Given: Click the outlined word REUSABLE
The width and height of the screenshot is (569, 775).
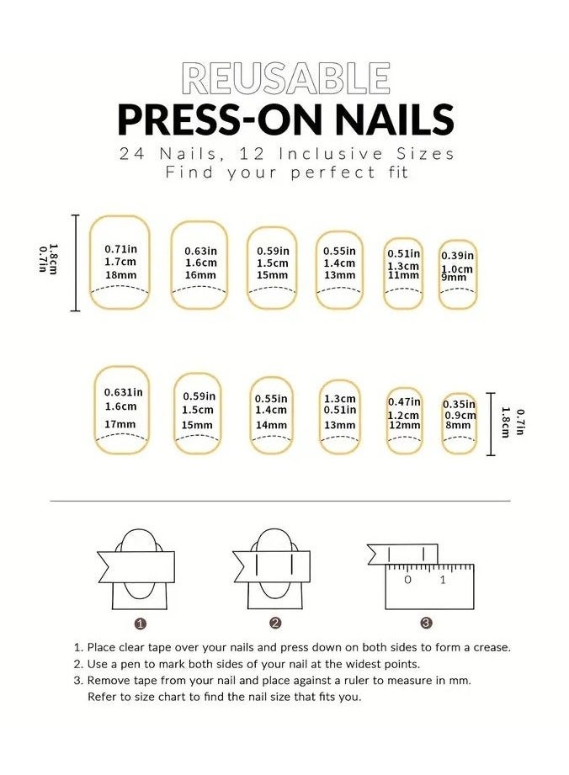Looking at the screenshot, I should click(285, 78).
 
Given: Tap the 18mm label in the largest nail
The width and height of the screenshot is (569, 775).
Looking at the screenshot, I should click(120, 276).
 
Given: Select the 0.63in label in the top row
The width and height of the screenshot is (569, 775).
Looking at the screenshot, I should click(200, 250).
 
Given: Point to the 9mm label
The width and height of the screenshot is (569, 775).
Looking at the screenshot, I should click(453, 278).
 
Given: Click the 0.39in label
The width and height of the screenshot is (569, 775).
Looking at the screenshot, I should click(459, 256).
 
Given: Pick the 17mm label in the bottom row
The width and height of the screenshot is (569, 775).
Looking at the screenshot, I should click(120, 424).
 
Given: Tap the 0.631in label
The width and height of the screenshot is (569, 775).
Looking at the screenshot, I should click(123, 392).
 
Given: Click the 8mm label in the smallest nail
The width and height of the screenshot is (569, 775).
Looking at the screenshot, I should click(458, 426).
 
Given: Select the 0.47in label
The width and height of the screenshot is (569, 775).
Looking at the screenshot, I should click(404, 402).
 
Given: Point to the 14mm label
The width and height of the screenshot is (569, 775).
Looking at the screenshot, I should click(271, 425).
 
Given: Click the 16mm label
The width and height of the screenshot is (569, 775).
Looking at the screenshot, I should click(200, 275).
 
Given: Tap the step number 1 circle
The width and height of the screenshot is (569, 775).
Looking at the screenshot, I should click(141, 624).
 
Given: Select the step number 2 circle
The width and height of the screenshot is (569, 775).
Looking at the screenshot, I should click(275, 624).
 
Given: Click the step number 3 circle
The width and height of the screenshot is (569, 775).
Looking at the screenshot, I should click(427, 624).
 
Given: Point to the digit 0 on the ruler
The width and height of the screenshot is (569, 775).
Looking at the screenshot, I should click(407, 580).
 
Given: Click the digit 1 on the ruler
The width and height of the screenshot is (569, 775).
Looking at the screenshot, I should click(443, 580).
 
